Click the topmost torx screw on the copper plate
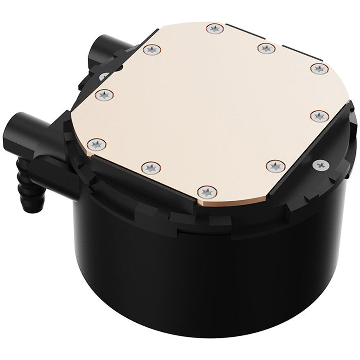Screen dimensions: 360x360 click(x=214, y=29)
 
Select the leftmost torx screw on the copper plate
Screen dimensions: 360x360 click(x=97, y=143)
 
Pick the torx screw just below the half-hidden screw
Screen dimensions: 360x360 click(x=104, y=95)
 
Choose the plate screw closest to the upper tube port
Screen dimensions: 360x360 click(x=152, y=50)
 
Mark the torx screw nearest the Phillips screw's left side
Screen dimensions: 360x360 click(x=273, y=165)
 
